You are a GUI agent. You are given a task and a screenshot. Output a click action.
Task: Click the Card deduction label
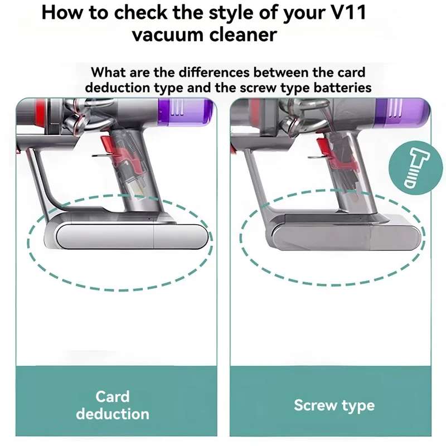[x=113, y=405]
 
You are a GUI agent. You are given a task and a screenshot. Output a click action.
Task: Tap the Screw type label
[x=334, y=405]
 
